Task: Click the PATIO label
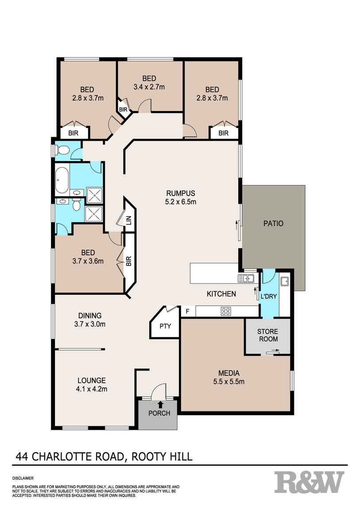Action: pos(273,224)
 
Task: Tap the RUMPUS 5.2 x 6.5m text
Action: pos(181,197)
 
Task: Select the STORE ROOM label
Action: pos(268,335)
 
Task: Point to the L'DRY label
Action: pos(269,296)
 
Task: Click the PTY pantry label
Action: pos(165,327)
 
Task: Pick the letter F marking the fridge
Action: pos(188,311)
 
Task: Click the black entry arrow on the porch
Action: pos(160,404)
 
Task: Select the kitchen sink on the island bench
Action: pos(245,278)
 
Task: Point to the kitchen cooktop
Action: pos(225,312)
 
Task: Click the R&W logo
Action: pos(309,482)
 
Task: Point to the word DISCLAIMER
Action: pos(23,478)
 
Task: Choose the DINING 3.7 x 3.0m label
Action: pos(90,320)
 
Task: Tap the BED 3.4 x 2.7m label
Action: pos(149,83)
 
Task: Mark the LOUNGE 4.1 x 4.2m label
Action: pos(92,385)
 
